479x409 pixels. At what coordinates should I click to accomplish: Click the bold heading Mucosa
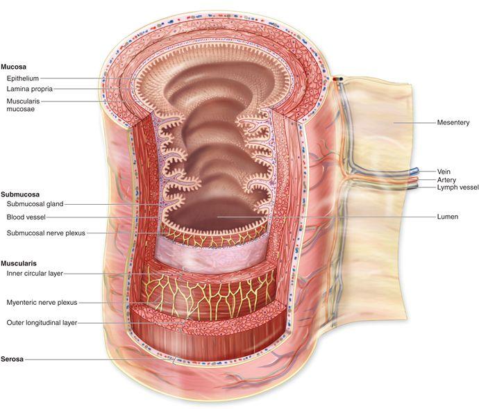pos(14,67)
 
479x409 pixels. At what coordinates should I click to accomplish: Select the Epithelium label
pos(24,78)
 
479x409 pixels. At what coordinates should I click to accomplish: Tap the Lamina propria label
pos(30,89)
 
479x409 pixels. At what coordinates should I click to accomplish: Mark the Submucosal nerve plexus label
pos(46,233)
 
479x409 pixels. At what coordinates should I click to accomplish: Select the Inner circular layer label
pos(35,274)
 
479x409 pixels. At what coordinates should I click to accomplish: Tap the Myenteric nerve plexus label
pos(42,303)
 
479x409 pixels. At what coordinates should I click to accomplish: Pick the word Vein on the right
pos(444,171)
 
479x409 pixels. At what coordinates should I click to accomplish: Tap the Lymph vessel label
pos(455,187)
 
